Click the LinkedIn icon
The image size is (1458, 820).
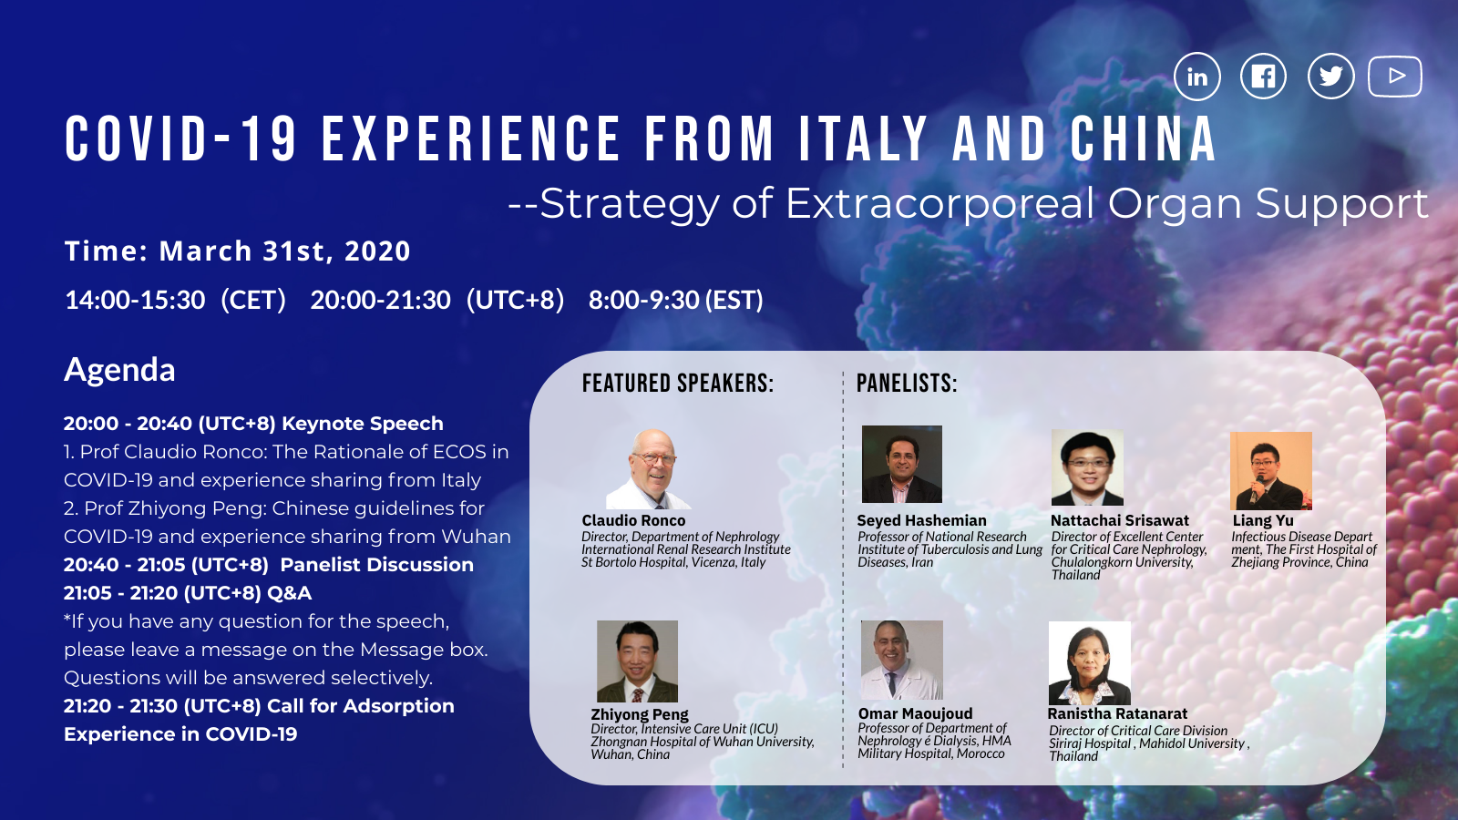click(1197, 77)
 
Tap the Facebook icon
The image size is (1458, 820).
click(1263, 77)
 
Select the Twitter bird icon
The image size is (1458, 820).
click(1331, 77)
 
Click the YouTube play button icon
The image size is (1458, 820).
click(1395, 77)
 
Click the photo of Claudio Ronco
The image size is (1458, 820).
click(649, 468)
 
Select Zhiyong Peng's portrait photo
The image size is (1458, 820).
click(637, 661)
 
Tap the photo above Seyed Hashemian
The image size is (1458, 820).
click(901, 464)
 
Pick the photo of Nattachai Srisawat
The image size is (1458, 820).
click(1088, 468)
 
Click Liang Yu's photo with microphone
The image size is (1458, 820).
click(1270, 471)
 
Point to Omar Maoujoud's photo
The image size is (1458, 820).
click(901, 660)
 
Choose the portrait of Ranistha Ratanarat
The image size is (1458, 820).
click(1090, 663)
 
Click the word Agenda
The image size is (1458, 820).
click(119, 370)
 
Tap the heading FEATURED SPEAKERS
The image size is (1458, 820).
click(678, 384)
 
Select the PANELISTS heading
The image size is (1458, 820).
click(907, 384)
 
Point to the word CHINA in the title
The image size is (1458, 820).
click(1143, 138)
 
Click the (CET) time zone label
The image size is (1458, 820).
click(253, 300)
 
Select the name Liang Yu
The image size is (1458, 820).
click(1263, 520)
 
